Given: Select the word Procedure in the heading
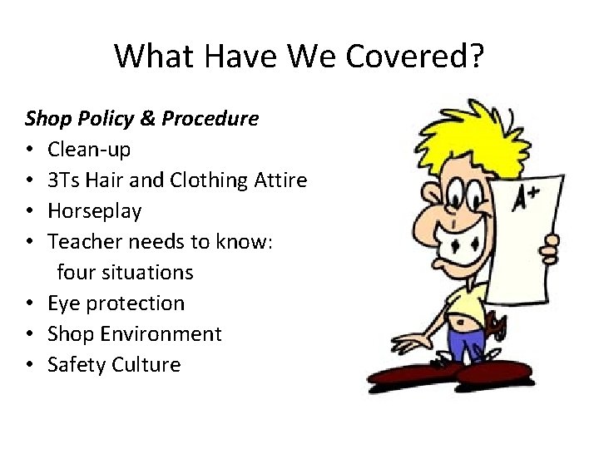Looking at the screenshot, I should [x=210, y=119].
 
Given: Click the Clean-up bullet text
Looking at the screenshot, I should [x=89, y=150].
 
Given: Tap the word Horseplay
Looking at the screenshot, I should [x=94, y=211].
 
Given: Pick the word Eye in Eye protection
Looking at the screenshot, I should [x=63, y=303].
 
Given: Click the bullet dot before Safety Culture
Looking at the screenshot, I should [x=30, y=365].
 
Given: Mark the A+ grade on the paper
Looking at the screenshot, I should [x=525, y=199].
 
